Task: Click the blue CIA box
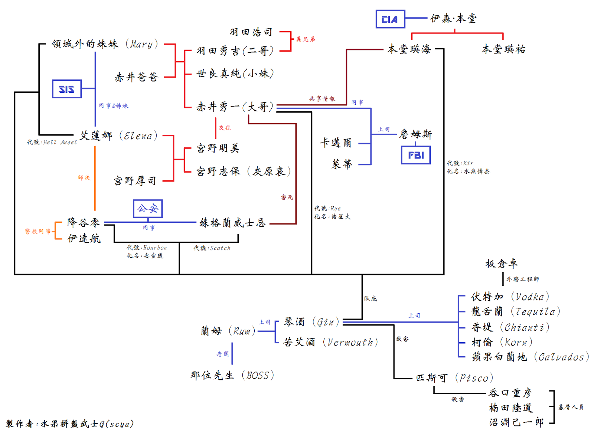pos(390,19)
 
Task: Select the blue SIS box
pos(66,89)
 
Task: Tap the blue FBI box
pos(415,155)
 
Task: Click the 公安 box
pos(147,209)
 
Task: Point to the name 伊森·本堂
pos(453,18)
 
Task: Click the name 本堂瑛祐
pos(503,49)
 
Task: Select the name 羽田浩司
pos(251,32)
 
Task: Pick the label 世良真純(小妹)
pos(235,73)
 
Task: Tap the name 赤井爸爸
pos(136,77)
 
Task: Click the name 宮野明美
pos(218,148)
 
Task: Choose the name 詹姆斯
pos(415,134)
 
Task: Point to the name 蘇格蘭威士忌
pos(232,223)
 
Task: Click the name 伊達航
pos(84,238)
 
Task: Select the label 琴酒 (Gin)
pos(311,322)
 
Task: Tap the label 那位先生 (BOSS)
pos(232,375)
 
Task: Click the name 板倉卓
pos(501,264)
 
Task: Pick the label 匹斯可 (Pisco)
pos(454,378)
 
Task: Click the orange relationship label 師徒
pos(84,177)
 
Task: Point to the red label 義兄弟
pos(305,39)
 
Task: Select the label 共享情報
pos(322,99)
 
